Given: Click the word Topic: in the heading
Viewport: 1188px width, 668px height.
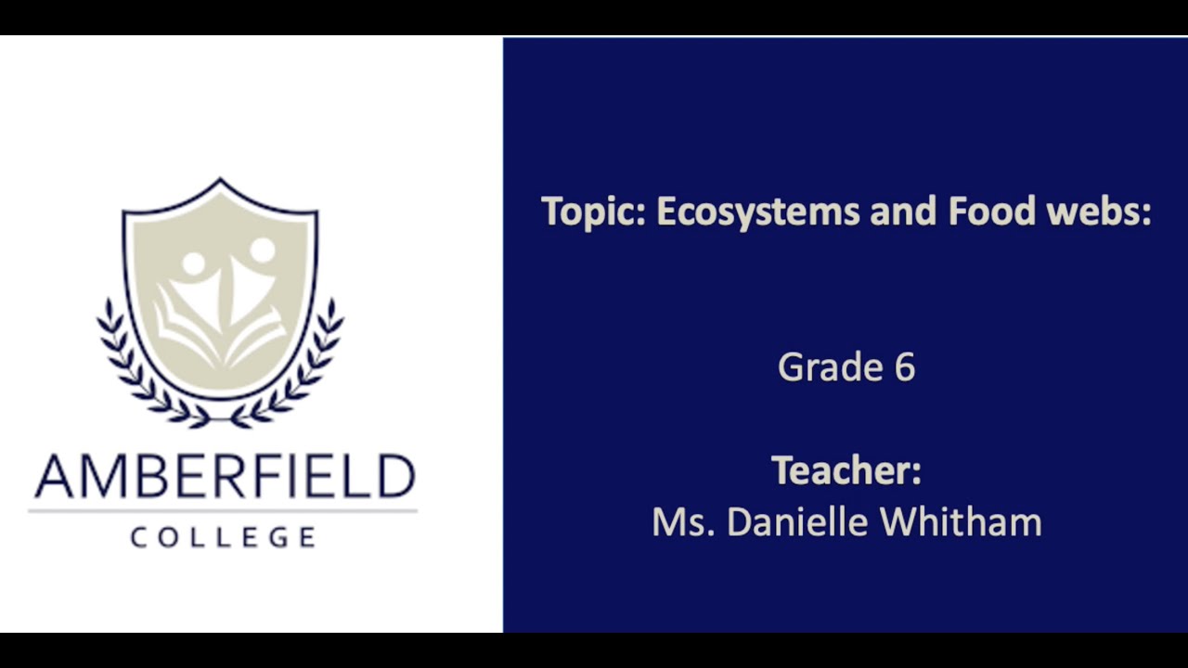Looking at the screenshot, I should pyautogui.click(x=594, y=212).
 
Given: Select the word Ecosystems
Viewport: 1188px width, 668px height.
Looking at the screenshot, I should pyautogui.click(x=758, y=212).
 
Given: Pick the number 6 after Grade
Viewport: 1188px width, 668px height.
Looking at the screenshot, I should pyautogui.click(x=905, y=367).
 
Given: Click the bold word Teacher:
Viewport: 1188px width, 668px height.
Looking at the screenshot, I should pyautogui.click(x=846, y=470).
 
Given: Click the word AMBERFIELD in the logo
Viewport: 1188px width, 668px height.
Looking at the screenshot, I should pyautogui.click(x=224, y=477).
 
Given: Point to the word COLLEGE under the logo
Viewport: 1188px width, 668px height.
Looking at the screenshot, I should pyautogui.click(x=223, y=537).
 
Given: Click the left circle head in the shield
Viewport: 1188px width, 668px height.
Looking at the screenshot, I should pyautogui.click(x=193, y=263).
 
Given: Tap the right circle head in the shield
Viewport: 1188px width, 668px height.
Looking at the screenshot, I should pyautogui.click(x=263, y=250).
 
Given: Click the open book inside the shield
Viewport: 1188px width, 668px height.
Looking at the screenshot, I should pyautogui.click(x=221, y=329).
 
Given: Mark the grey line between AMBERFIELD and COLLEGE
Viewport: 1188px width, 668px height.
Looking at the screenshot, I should pyautogui.click(x=223, y=510).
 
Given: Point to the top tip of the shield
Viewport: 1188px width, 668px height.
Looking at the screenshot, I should pyautogui.click(x=220, y=180).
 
